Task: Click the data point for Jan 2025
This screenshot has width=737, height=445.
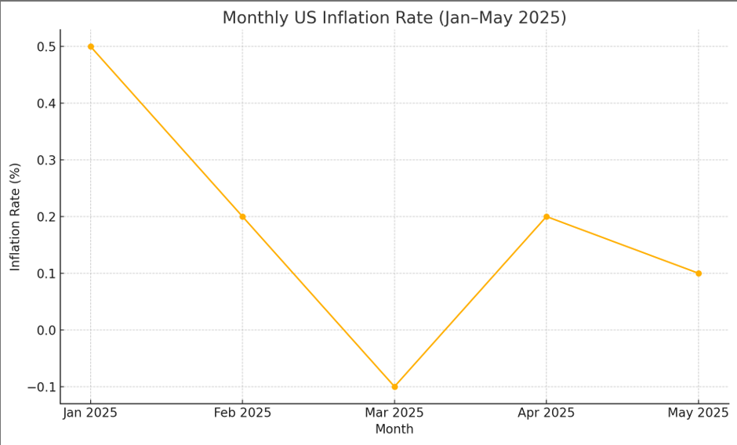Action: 91,47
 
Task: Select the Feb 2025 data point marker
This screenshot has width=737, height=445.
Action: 242,217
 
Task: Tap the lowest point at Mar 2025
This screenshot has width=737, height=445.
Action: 394,386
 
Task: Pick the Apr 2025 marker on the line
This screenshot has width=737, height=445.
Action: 546,217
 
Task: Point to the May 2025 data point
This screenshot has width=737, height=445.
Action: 699,273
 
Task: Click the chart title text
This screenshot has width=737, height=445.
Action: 394,17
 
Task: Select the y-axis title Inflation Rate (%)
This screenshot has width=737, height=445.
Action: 16,217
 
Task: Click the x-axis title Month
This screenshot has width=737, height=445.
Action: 394,429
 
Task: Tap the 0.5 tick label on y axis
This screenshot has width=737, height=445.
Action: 46,47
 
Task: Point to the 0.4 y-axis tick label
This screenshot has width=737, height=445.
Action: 46,103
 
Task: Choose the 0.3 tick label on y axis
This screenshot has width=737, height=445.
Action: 46,161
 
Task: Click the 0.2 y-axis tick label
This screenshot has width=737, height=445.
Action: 46,217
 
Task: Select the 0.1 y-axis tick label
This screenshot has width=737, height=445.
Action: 46,273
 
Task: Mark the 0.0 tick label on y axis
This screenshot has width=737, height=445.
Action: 46,331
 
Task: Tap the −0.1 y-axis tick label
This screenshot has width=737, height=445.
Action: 42,387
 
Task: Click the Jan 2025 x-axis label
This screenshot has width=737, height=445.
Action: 91,413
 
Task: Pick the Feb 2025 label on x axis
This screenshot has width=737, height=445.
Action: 242,413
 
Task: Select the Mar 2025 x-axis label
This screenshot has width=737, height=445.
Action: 394,413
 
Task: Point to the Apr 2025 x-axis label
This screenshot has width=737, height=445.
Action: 546,413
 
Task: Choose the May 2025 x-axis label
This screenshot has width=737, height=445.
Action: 699,413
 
